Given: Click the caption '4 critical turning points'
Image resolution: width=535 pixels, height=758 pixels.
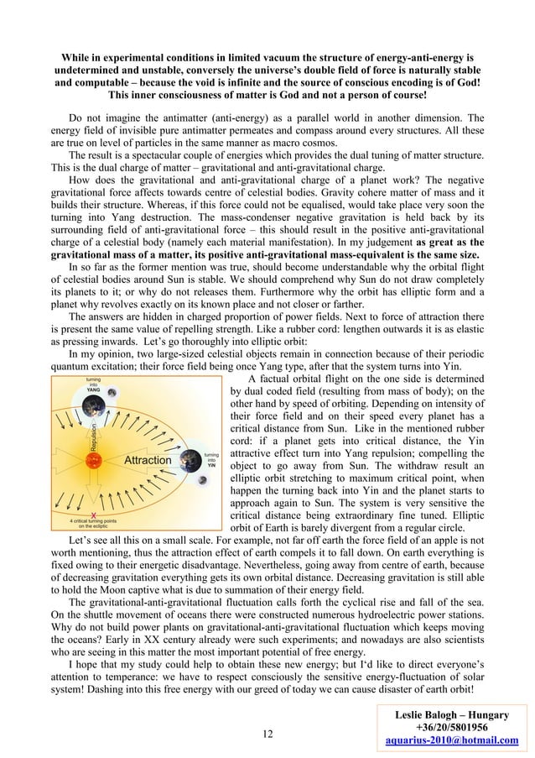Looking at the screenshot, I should pos(93,522).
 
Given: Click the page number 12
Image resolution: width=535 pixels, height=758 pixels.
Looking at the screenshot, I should pos(267,735).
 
